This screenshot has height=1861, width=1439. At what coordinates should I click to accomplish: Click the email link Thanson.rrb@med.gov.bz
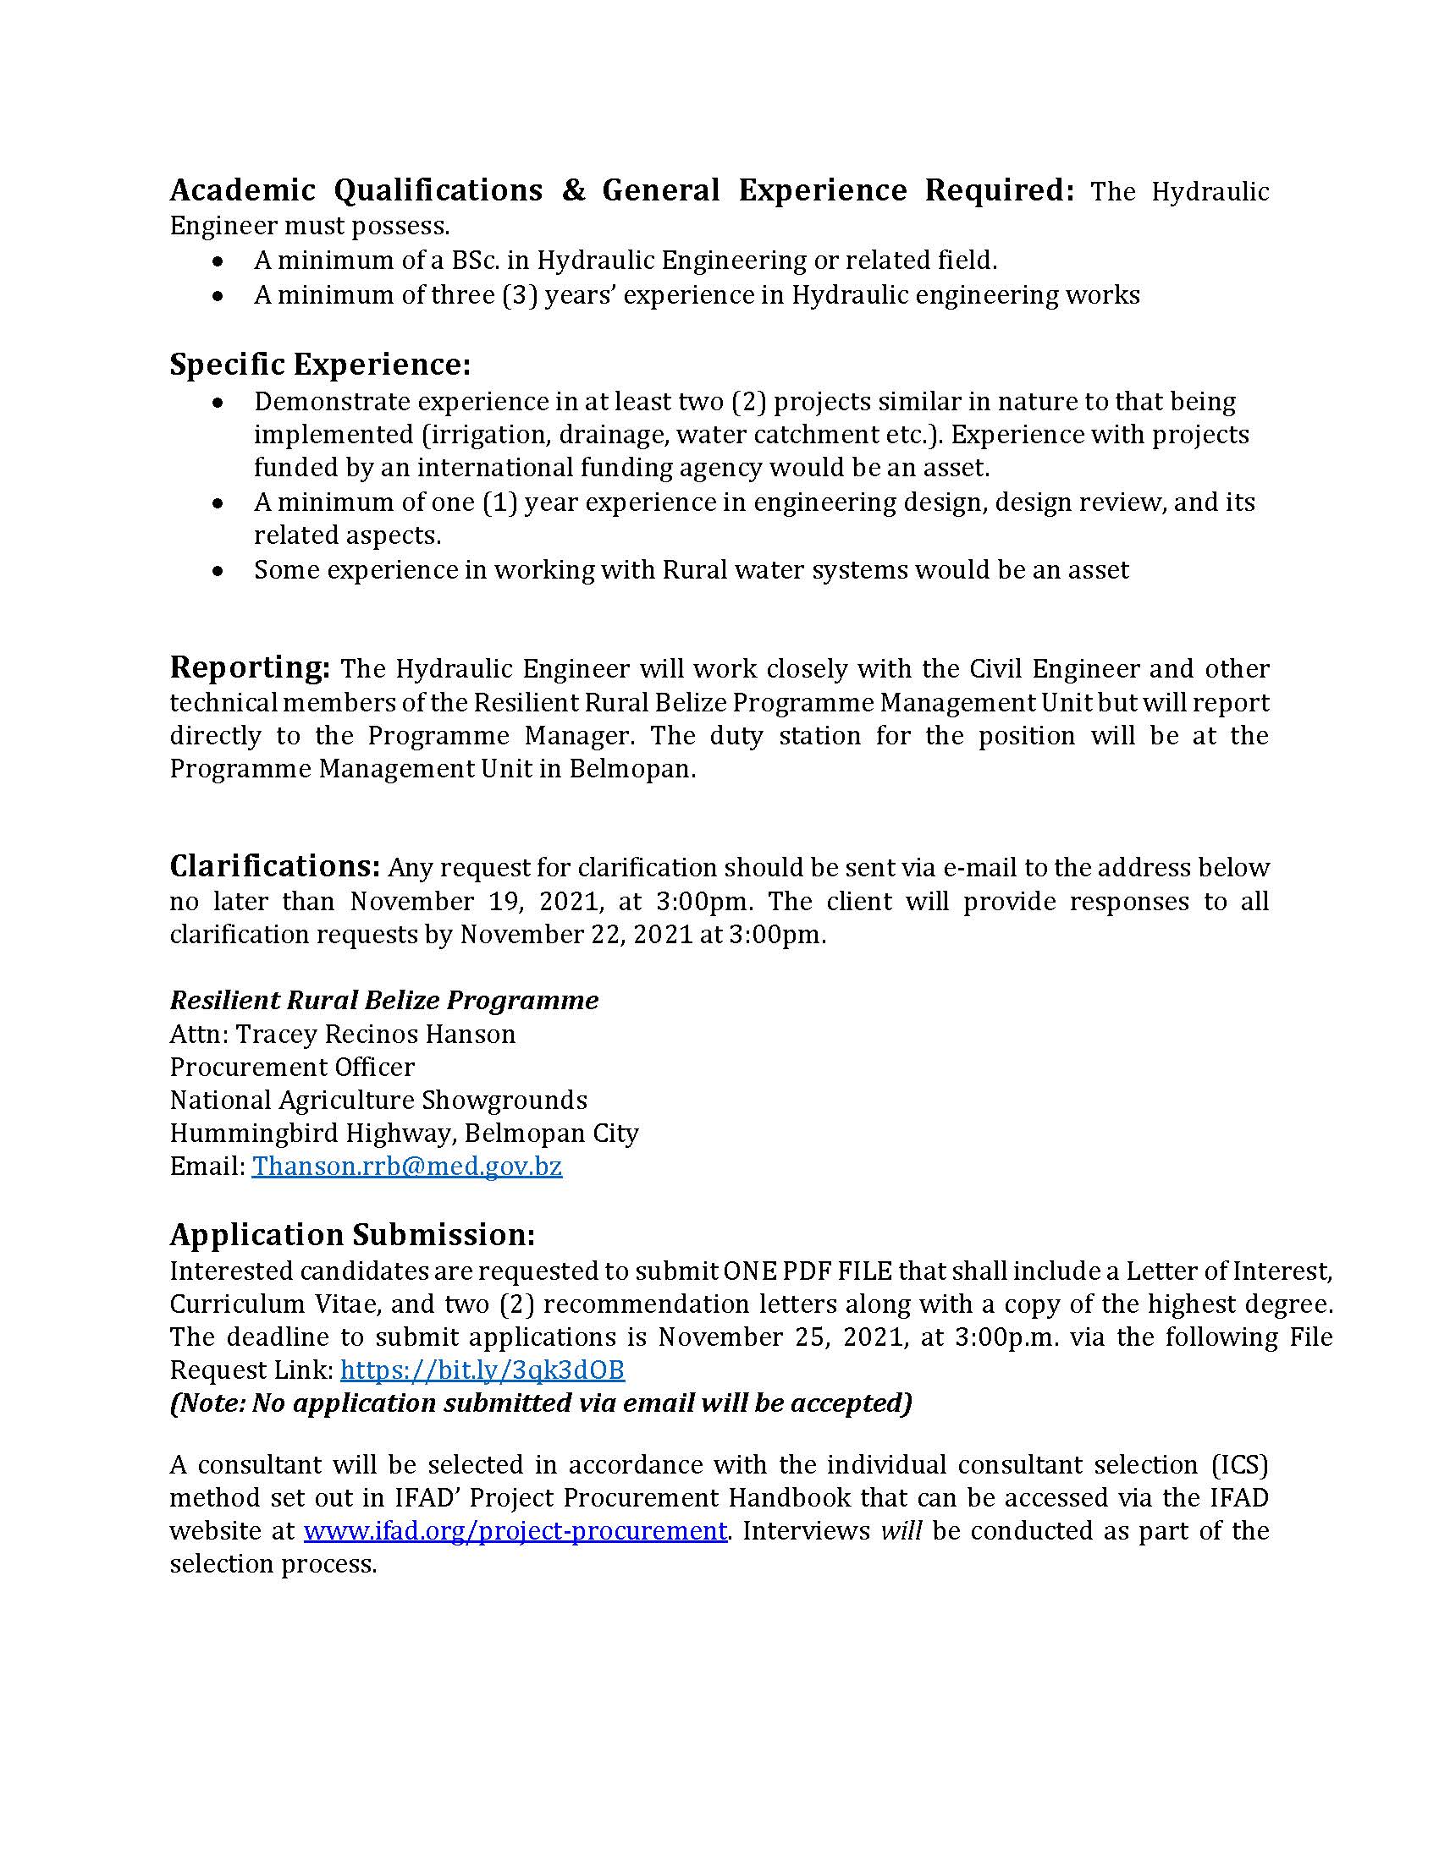[x=406, y=1166]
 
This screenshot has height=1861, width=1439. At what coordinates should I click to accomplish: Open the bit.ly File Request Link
[x=482, y=1370]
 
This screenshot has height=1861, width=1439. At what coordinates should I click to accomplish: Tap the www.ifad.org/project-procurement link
[x=515, y=1530]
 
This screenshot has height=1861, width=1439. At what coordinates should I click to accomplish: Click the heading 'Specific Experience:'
[x=320, y=365]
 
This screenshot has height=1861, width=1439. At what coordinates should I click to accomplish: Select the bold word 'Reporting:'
[x=249, y=667]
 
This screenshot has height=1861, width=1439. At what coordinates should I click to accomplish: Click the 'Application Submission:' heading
[x=352, y=1234]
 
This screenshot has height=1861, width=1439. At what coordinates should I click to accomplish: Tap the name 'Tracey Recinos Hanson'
[x=375, y=1034]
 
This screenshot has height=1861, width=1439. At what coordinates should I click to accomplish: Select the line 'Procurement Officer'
[x=291, y=1067]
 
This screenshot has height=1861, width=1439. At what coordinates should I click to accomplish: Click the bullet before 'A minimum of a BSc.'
[x=220, y=261]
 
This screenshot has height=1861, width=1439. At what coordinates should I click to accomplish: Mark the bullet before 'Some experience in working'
[x=220, y=571]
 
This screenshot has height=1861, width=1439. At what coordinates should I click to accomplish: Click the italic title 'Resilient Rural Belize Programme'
[x=383, y=1000]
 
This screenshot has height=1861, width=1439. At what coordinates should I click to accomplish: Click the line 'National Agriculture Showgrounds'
[x=378, y=1100]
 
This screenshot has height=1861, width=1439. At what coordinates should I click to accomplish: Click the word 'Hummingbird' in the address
[x=240, y=1134]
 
